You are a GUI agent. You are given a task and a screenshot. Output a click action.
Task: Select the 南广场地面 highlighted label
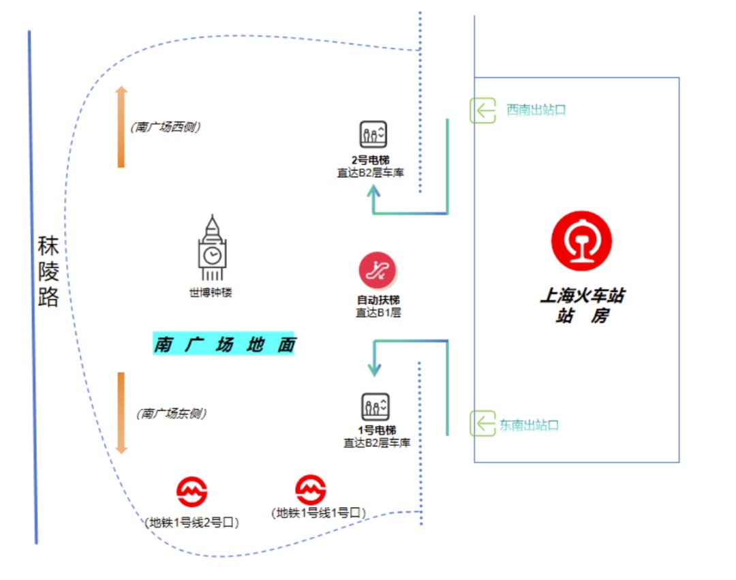pos(224,344)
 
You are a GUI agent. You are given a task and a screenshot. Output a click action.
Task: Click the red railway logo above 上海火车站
pos(581,241)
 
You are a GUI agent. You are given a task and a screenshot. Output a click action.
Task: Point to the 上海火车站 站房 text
pos(582,305)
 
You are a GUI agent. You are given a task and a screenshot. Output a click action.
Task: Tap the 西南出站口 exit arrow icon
pos(482,110)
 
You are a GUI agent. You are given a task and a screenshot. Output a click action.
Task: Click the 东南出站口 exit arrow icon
pos(482,424)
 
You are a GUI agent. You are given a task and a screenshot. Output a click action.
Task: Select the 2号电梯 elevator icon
pos(373,134)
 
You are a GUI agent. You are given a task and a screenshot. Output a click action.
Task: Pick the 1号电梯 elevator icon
pos(375,407)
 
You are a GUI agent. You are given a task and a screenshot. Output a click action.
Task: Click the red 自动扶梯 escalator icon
pos(378,271)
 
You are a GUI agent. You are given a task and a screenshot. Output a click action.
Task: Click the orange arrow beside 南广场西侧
pos(121,127)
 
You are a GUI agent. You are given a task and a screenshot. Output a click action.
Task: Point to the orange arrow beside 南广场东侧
pos(121,413)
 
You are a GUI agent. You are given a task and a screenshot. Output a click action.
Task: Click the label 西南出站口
pos(536,110)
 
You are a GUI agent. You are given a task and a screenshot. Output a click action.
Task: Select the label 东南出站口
pos(530,425)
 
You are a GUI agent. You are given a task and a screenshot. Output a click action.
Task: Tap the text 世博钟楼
pos(211,294)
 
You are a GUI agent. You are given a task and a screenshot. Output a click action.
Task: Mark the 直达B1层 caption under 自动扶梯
pos(378,313)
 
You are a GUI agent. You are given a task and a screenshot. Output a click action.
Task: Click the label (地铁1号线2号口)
pos(191,523)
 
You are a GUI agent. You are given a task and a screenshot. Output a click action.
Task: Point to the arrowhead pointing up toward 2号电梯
pos(373,192)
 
